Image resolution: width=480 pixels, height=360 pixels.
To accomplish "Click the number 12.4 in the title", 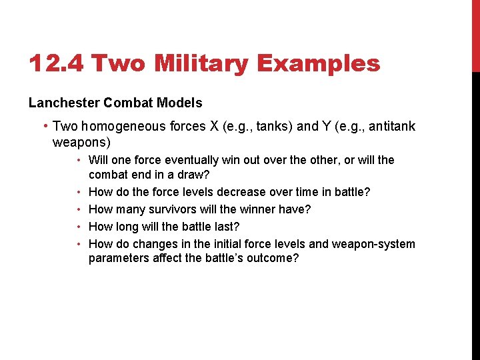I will [x=56, y=64].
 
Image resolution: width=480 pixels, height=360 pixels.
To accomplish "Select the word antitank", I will [x=388, y=126].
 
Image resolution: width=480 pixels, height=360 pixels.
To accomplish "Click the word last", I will [x=226, y=227].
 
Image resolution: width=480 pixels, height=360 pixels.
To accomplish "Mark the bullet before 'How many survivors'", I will [x=79, y=209].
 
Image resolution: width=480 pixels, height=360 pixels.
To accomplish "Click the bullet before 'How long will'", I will [x=79, y=227].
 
